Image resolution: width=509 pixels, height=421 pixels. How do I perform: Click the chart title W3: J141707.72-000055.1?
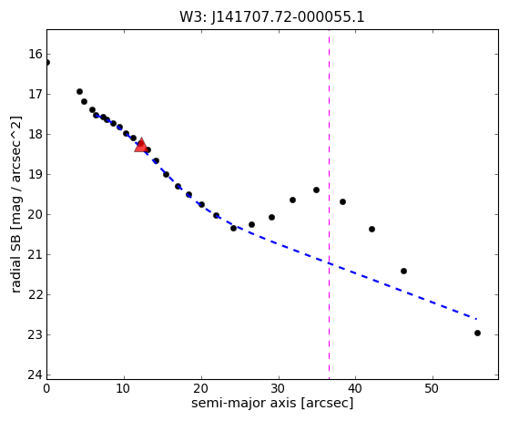(x=272, y=17)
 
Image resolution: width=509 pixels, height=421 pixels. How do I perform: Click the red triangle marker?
(x=141, y=145)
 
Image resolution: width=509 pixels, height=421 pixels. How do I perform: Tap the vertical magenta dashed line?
(x=329, y=204)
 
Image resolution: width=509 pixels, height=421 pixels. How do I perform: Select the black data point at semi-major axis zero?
(x=47, y=62)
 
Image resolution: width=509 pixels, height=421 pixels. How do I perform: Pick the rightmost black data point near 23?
(x=477, y=333)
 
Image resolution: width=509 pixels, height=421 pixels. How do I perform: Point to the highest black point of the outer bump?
(x=316, y=190)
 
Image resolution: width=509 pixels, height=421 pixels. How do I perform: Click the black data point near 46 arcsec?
(x=403, y=271)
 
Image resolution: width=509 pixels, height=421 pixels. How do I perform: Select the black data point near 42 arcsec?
(x=372, y=230)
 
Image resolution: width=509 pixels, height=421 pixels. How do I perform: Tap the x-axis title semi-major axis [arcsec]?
(x=272, y=403)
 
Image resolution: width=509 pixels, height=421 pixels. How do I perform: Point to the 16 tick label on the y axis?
(x=36, y=55)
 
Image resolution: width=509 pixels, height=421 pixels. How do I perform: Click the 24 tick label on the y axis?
(x=36, y=375)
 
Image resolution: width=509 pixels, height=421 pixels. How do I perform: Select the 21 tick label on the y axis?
(x=36, y=254)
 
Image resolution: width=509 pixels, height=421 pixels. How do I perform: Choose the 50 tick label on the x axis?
(x=433, y=388)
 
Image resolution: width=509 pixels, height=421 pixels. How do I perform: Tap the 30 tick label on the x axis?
(x=279, y=388)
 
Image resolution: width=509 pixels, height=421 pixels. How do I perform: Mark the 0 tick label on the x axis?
(x=46, y=388)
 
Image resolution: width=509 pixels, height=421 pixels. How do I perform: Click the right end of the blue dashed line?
(x=476, y=319)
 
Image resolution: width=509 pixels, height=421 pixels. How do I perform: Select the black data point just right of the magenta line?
(x=342, y=201)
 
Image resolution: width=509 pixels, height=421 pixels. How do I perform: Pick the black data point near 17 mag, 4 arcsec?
(x=79, y=92)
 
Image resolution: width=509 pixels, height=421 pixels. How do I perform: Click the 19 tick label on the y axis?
(x=36, y=174)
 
